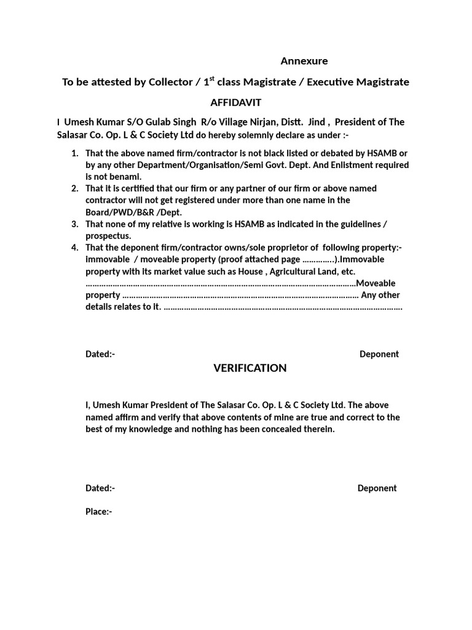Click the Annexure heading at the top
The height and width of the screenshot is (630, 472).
pos(304,61)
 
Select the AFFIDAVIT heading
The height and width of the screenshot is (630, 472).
pos(236,102)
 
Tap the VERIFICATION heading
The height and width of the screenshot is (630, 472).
pos(250,368)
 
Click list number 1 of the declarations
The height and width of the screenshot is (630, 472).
pos(74,153)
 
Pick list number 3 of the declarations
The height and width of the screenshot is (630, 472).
pos(74,224)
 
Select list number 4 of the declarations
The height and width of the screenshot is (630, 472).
pos(74,248)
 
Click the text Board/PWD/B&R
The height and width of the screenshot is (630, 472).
pos(119,212)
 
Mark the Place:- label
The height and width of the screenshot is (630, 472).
pos(99,511)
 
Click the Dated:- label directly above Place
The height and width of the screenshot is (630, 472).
pos(100,488)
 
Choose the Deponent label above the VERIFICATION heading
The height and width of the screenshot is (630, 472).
pos(379,354)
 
